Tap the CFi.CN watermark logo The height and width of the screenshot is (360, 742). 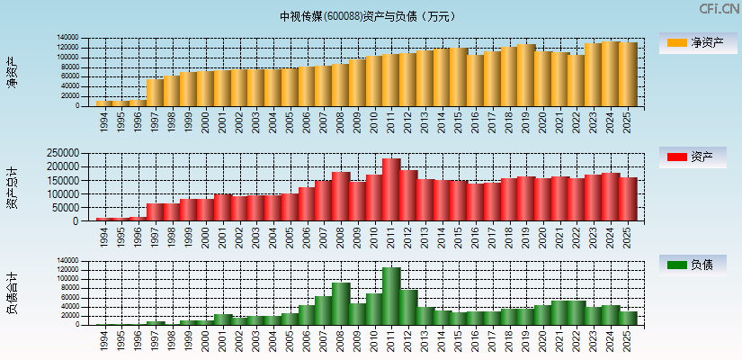click(719, 9)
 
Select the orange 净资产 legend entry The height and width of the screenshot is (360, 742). click(697, 42)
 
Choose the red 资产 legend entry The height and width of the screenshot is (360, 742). click(697, 157)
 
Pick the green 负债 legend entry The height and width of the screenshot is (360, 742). click(697, 265)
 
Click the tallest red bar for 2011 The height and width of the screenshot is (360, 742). click(391, 190)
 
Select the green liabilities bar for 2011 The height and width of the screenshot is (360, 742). click(391, 296)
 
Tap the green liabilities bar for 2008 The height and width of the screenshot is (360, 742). click(341, 304)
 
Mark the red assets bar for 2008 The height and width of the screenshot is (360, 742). click(341, 196)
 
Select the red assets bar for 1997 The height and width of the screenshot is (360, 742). click(155, 212)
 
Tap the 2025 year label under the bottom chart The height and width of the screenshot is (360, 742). click(628, 337)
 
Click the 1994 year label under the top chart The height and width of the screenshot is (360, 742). click(104, 119)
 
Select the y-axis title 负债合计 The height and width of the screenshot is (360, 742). click(12, 292)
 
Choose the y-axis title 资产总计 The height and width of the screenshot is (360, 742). click(12, 188)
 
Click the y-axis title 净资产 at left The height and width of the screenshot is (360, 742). click(12, 71)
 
